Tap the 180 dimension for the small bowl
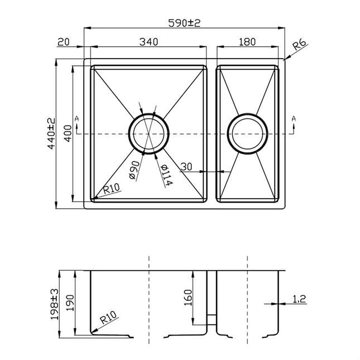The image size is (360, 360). (x=247, y=42)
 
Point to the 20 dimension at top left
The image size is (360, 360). (x=63, y=42)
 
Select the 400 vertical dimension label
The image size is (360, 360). (x=67, y=133)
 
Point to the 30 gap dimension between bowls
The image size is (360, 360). (x=186, y=166)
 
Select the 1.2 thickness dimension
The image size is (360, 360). (x=299, y=300)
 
